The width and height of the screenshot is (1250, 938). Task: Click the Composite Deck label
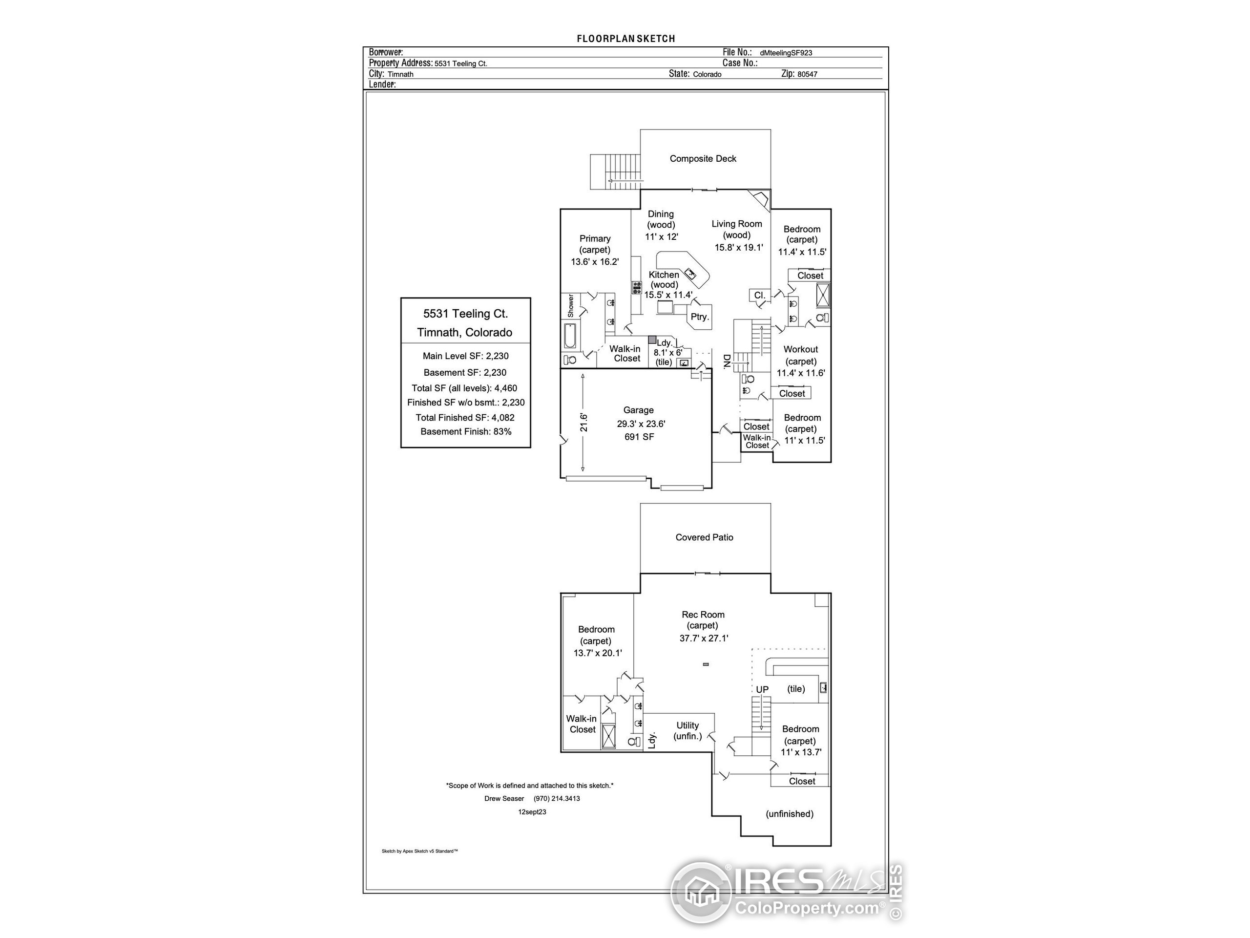pyautogui.click(x=703, y=159)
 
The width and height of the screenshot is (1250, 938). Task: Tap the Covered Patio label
pyautogui.click(x=704, y=538)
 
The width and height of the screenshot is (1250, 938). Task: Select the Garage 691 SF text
pyautogui.click(x=639, y=437)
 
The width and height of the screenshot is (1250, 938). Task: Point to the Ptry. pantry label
pyautogui.click(x=700, y=317)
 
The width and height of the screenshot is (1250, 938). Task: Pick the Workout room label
pyautogui.click(x=801, y=349)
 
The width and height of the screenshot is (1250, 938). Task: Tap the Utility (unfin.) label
pyautogui.click(x=687, y=730)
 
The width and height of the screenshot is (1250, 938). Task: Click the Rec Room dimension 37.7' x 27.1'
pyautogui.click(x=704, y=639)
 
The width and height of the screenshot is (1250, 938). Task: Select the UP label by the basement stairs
pyautogui.click(x=762, y=690)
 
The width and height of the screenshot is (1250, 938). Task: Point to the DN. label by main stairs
pyautogui.click(x=727, y=362)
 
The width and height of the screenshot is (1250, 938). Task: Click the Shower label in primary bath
pyautogui.click(x=571, y=306)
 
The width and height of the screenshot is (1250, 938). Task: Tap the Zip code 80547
pyautogui.click(x=808, y=74)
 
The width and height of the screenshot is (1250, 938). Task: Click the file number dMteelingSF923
pyautogui.click(x=786, y=53)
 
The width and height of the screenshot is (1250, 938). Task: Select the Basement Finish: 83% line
pyautogui.click(x=466, y=432)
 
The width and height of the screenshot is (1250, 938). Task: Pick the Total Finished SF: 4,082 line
pyautogui.click(x=465, y=418)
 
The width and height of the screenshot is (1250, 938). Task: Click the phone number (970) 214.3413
pyautogui.click(x=557, y=799)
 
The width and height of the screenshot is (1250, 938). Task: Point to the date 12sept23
pyautogui.click(x=532, y=812)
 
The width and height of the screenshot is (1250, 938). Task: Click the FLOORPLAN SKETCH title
pyautogui.click(x=625, y=39)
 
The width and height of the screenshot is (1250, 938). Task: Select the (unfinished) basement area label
pyautogui.click(x=790, y=814)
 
